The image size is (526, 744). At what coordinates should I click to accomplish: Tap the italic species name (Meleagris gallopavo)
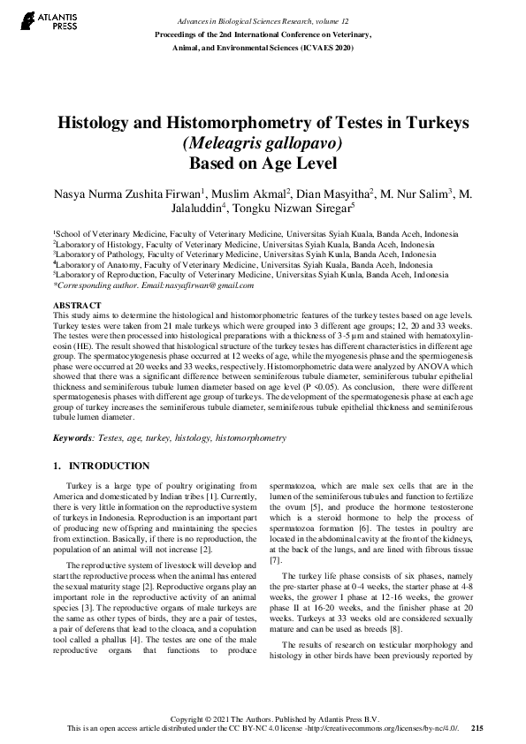pyautogui.click(x=263, y=143)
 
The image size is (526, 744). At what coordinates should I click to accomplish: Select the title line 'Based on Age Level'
pyautogui.click(x=263, y=163)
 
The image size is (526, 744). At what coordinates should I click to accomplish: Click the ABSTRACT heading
pyautogui.click(x=77, y=305)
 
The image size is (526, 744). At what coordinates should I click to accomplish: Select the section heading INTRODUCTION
pyautogui.click(x=110, y=466)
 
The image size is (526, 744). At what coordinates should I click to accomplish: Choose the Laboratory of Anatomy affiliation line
pyautogui.click(x=243, y=263)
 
